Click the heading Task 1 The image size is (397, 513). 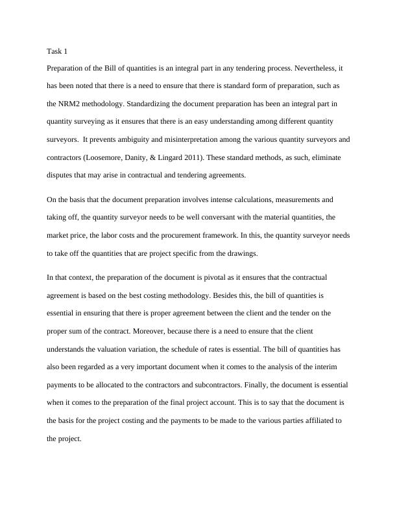click(x=57, y=51)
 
